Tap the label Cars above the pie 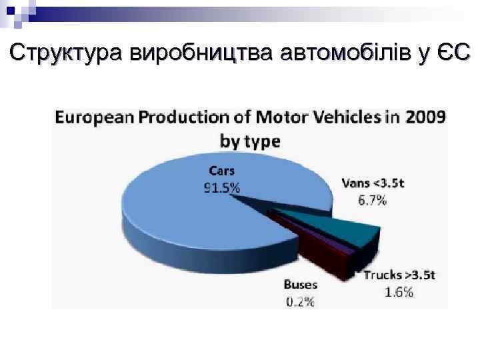[x=222, y=171]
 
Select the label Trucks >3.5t [x=400, y=275]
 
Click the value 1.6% [x=399, y=291]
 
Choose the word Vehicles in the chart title [x=337, y=117]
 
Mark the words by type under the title [x=250, y=141]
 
